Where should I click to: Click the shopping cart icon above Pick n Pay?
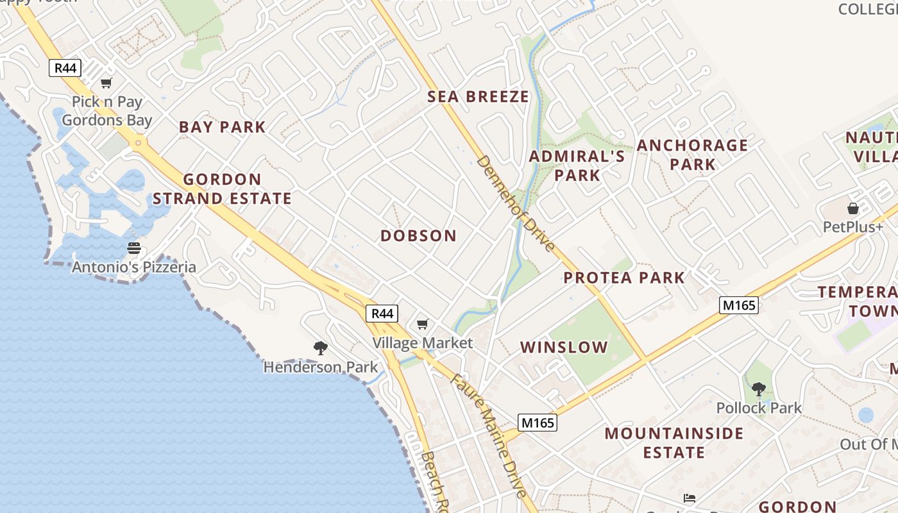106,83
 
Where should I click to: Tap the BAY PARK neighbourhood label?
222,127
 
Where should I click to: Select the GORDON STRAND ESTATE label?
222,189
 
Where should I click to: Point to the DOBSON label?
418,236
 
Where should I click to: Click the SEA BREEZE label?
479,97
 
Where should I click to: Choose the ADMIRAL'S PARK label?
577,165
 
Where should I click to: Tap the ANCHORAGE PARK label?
692,155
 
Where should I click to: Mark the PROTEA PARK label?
624,278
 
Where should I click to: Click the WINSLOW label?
564,348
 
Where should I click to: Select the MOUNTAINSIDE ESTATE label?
674,442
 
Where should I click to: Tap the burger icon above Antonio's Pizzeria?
133,248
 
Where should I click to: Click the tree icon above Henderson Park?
321,348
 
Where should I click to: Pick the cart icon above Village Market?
422,324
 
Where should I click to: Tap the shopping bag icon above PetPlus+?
852,208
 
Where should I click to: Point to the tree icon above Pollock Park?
759,389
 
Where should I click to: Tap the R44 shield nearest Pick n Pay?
65,67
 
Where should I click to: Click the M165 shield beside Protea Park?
739,305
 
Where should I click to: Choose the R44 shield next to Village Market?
382,314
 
